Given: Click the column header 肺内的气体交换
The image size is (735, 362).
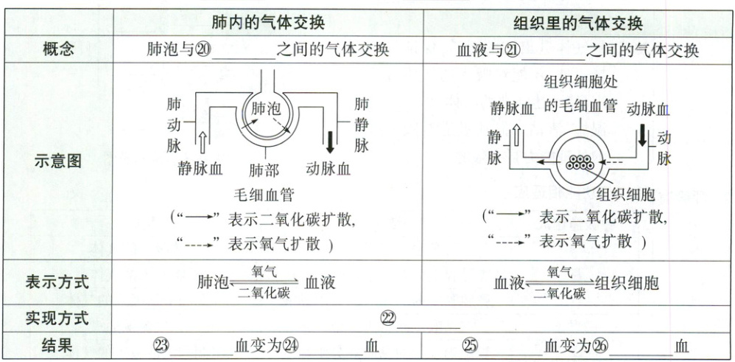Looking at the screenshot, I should coord(267,23).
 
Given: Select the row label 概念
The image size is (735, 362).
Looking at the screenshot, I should coord(58,50).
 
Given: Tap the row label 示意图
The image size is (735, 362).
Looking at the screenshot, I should coord(58,161).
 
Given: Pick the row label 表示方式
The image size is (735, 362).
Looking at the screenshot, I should coord(58,282).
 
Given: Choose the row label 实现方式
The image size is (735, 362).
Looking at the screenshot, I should coord(58,319).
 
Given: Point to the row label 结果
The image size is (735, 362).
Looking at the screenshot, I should coord(58,344).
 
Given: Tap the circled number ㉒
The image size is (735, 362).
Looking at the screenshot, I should coord(388,319).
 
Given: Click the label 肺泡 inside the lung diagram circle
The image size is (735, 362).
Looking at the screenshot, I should coord(266,108).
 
